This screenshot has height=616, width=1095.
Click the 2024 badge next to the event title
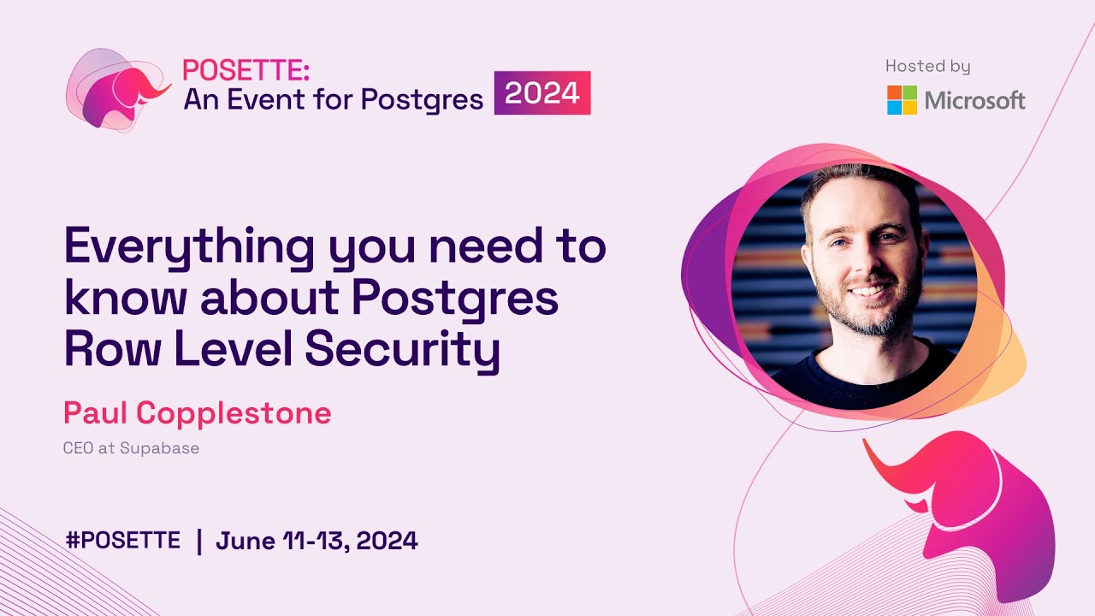pos(542,92)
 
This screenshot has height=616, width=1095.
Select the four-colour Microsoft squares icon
pos(902,100)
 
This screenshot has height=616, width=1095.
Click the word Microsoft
pos(974,101)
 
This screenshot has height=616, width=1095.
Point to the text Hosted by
pos(927,66)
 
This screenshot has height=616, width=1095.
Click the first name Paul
pos(96,414)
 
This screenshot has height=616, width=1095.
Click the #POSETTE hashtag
pos(123,541)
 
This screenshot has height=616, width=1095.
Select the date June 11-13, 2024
pos(317,541)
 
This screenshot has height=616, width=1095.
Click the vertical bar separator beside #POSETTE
pos(199,541)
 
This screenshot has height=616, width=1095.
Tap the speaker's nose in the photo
pos(863,265)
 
